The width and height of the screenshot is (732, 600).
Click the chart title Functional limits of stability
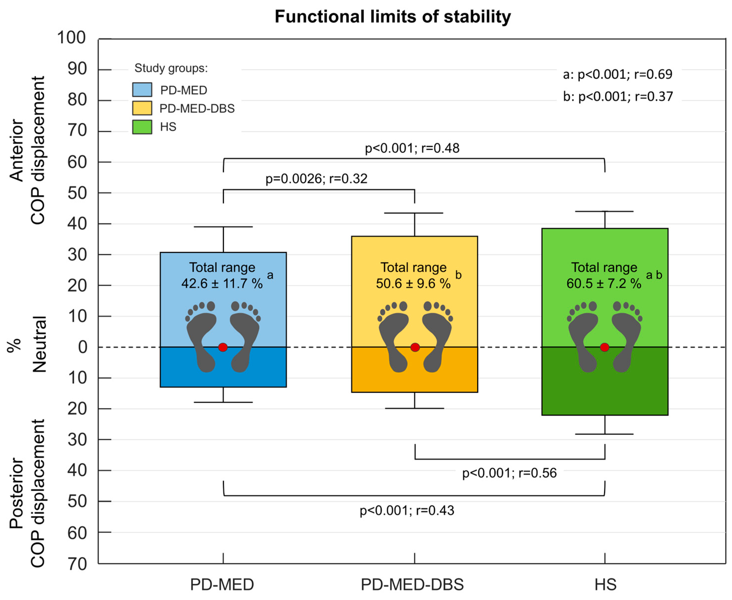tap(393, 17)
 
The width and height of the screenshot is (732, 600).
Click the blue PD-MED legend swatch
tap(142, 90)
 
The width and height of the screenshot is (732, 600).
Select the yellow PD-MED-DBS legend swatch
tap(142, 108)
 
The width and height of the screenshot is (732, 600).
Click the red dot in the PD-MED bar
tap(223, 347)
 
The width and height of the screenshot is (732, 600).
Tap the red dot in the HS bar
tap(604, 347)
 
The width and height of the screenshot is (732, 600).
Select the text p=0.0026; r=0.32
tap(316, 179)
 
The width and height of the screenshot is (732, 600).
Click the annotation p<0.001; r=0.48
tap(412, 148)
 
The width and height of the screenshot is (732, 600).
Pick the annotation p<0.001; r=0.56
tap(509, 473)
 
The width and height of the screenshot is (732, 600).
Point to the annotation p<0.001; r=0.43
tap(407, 510)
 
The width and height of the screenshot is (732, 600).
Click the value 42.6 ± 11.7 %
tap(222, 283)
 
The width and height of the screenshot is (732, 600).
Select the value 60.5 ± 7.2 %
tap(603, 283)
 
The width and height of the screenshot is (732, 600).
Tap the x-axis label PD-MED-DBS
tap(412, 585)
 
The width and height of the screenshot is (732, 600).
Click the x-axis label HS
tap(605, 585)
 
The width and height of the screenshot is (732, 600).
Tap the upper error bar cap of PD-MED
tap(223, 227)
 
